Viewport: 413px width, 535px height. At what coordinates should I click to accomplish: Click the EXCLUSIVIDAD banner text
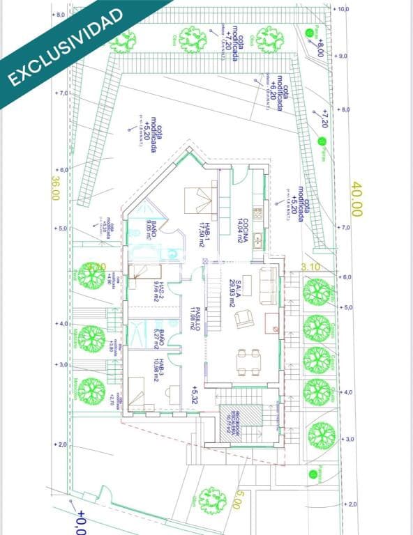pos(66,47)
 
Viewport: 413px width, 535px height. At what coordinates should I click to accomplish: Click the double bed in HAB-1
pos(199,200)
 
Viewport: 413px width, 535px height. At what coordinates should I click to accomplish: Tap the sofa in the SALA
pos(266,285)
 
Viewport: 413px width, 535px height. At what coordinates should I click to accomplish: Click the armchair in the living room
pos(242,320)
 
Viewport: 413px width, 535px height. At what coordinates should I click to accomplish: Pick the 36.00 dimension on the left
pos(55,187)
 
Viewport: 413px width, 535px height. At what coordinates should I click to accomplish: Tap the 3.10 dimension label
pos(310,267)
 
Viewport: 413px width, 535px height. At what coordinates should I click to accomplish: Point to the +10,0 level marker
pos(341,10)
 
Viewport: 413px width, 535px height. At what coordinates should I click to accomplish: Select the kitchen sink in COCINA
pos(257,240)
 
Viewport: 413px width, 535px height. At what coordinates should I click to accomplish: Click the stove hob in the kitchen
pos(257,212)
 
